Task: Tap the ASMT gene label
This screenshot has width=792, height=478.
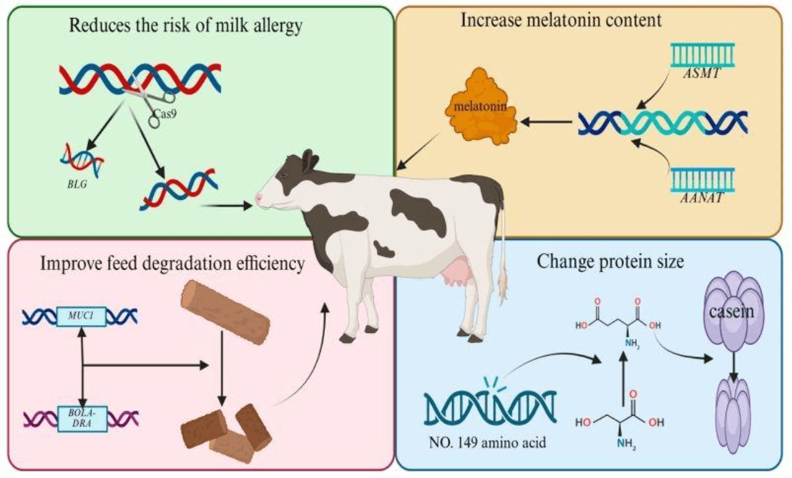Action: point(701,74)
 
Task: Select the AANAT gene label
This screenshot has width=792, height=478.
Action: point(701,198)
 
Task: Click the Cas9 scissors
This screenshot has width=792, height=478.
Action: point(152,101)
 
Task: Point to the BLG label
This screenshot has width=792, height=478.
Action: point(77,184)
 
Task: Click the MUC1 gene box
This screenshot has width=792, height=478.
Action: point(82,317)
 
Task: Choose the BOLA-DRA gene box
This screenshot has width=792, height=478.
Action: point(82,419)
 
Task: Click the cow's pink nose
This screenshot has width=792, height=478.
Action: point(259,198)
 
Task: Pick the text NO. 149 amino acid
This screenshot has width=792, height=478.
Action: point(487,442)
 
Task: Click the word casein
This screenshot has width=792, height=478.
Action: point(731,312)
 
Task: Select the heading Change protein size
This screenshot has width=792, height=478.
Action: point(610,262)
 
